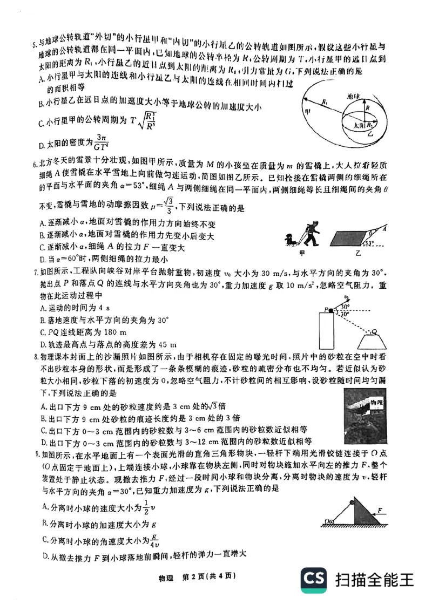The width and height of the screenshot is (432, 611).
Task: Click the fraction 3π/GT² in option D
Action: point(100,142)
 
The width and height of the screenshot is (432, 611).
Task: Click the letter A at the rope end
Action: point(384,229)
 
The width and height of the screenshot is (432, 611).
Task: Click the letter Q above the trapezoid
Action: point(374,331)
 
